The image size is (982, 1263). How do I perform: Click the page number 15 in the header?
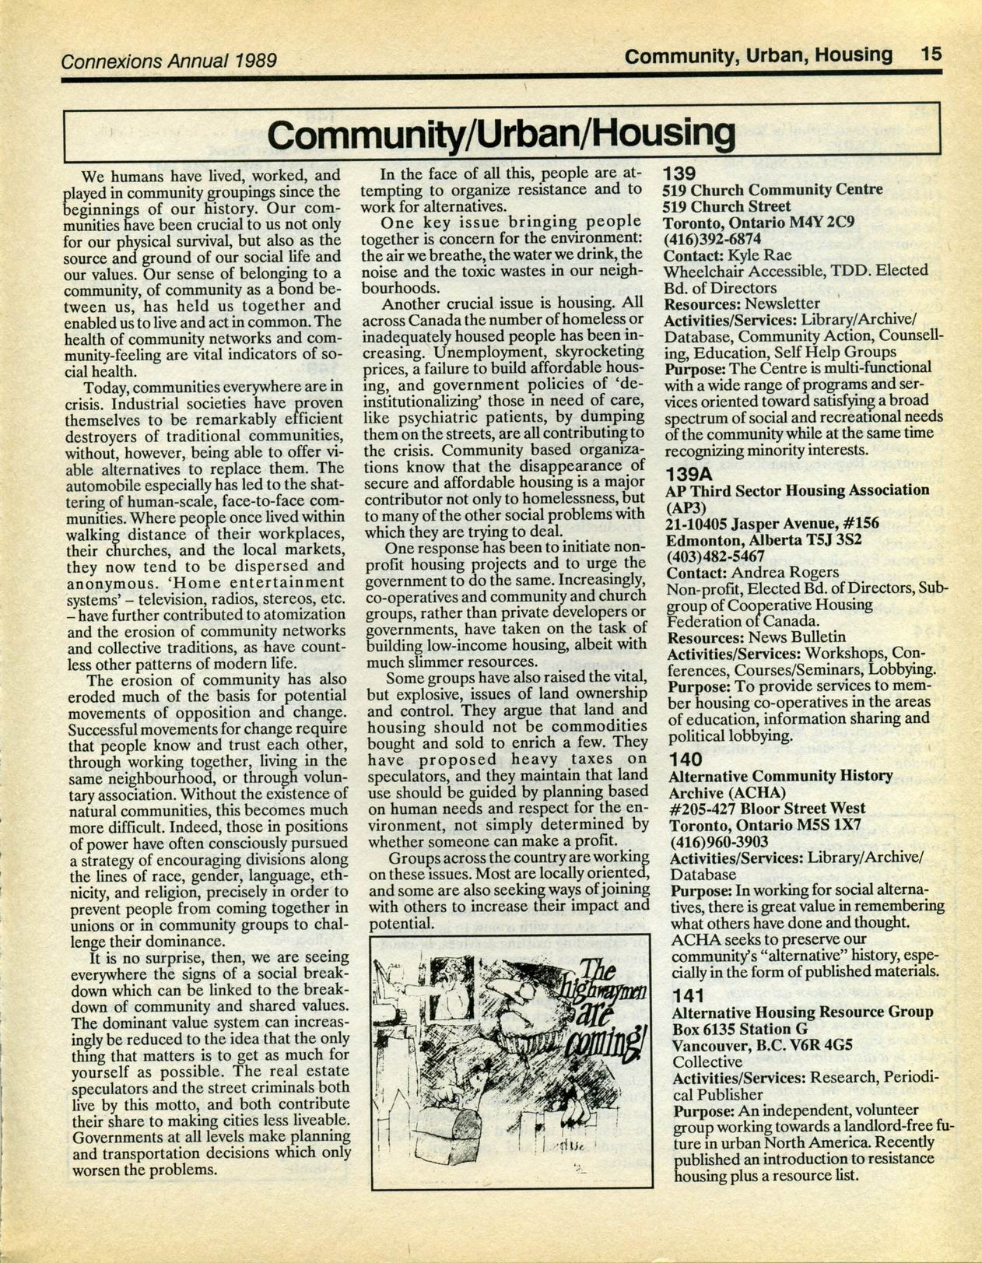tap(931, 54)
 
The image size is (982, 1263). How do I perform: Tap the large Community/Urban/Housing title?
tap(501, 134)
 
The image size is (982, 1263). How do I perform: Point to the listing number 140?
tap(686, 759)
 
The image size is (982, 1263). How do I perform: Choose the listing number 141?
tap(688, 995)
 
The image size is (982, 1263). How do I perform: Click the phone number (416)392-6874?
tap(711, 238)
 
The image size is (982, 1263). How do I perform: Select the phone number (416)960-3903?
tap(719, 841)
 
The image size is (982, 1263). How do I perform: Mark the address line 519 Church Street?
tap(727, 206)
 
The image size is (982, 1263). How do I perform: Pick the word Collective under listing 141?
tap(707, 1061)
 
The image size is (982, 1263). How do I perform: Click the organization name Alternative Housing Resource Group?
tap(801, 1012)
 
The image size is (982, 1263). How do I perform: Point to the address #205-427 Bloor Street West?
tap(767, 809)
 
